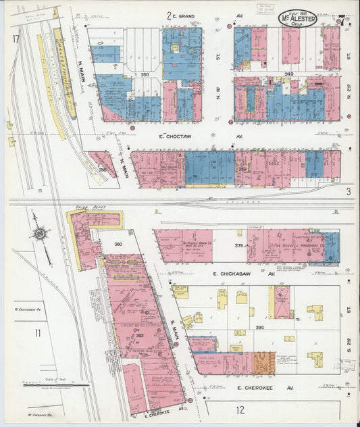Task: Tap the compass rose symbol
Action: tap(40, 234)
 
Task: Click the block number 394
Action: tap(260, 328)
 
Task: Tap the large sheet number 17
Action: tap(15, 39)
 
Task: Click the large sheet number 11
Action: tap(38, 332)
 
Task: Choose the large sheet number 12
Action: tap(240, 410)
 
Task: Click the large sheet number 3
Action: tap(348, 192)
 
